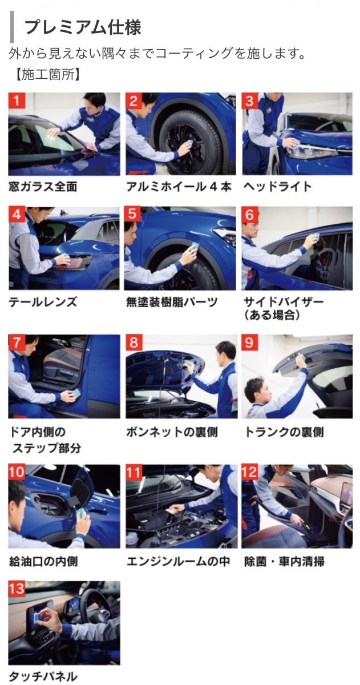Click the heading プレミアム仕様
(x=83, y=27)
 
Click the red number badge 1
(x=17, y=100)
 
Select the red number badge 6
(x=250, y=215)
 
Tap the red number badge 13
(x=17, y=589)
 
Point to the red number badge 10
(x=17, y=472)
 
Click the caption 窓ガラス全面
(x=43, y=187)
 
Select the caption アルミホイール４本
(x=179, y=187)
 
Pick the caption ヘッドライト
(x=277, y=187)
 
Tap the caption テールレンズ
(x=43, y=302)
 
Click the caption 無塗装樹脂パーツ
(x=172, y=302)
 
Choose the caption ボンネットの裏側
(x=172, y=432)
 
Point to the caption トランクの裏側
(x=284, y=432)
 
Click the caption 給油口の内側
(x=43, y=562)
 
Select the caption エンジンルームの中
(x=178, y=562)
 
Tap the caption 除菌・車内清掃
(x=284, y=562)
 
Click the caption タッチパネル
(x=43, y=676)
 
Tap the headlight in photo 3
(x=309, y=151)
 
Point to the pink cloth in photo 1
(x=89, y=148)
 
